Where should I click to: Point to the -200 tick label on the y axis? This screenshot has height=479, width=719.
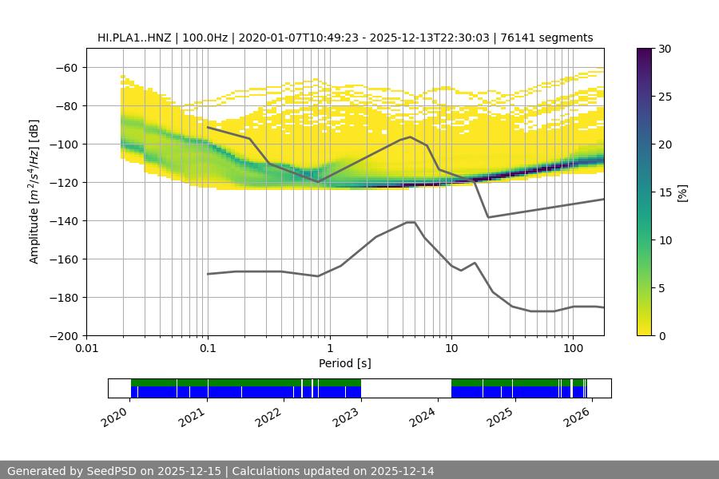[x=63, y=335]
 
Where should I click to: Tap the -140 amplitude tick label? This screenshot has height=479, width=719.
[x=63, y=220]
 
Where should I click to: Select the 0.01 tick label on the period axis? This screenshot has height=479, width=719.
[x=86, y=349]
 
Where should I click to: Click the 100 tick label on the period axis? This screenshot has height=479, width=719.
[x=572, y=349]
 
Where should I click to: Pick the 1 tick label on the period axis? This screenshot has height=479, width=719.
[x=329, y=349]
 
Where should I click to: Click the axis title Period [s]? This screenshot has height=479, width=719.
[x=344, y=364]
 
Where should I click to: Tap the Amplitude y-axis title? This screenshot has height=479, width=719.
[x=34, y=192]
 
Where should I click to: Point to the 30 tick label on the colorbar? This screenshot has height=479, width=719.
[x=664, y=49]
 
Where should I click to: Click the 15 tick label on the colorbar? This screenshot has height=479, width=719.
[x=664, y=192]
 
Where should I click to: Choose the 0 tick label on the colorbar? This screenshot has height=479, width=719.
[x=661, y=335]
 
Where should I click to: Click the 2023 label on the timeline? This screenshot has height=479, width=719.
[x=344, y=416]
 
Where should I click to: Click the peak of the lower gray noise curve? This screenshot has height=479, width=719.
[x=411, y=222]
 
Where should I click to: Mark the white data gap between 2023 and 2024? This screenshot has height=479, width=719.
[x=406, y=388]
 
